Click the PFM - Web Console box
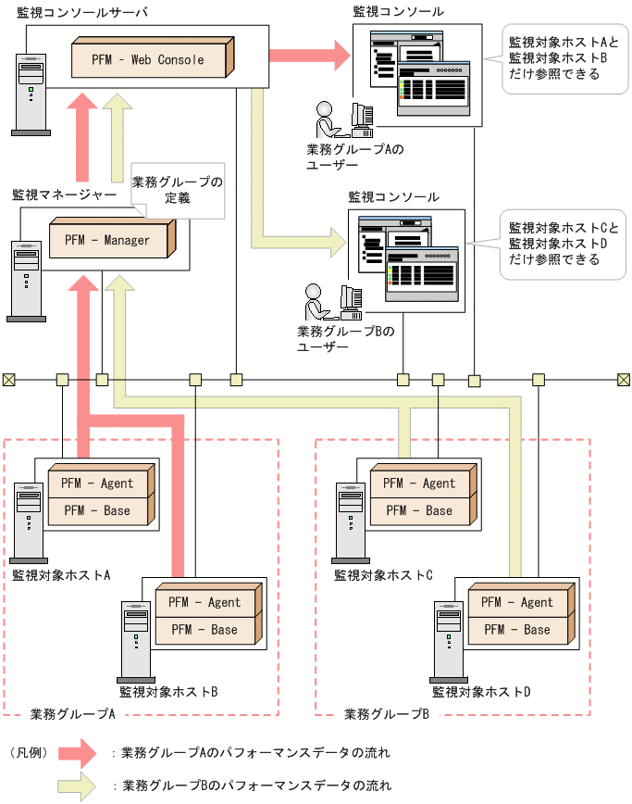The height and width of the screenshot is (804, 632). tap(148, 59)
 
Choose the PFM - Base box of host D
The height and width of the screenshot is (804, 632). tap(517, 630)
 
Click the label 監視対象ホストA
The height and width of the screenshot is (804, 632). tap(61, 574)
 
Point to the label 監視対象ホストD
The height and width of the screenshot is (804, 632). tap(481, 691)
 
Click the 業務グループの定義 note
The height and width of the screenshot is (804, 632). tap(177, 190)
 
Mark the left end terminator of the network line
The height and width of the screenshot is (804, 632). tap(8, 379)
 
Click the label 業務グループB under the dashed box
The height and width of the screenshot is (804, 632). tap(386, 714)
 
